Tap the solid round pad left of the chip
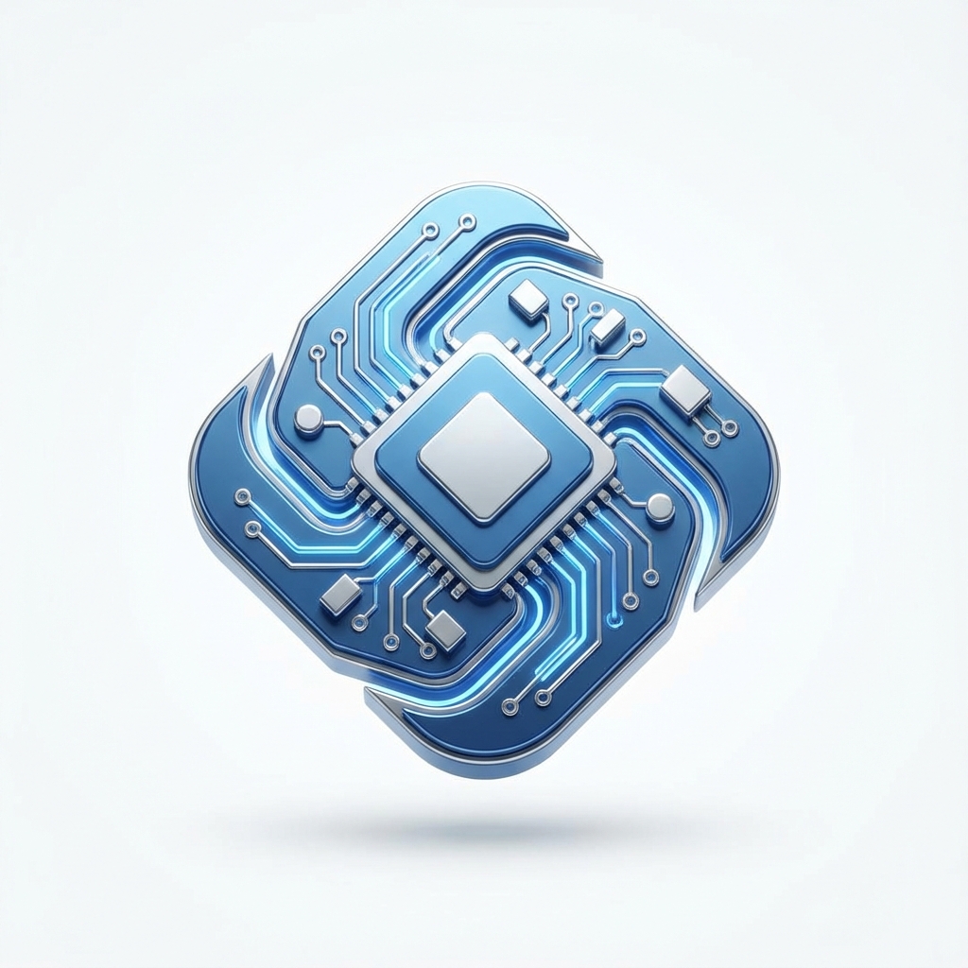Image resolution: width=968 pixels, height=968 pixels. pos(308,419)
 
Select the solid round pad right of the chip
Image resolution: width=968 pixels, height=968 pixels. pos(661,509)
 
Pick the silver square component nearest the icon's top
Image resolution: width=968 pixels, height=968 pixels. pos(527,300)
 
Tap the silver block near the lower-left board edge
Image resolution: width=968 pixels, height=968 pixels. pos(340,593)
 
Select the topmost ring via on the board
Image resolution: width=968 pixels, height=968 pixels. pos(467,222)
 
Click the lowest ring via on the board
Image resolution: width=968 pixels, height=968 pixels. pos(510,705)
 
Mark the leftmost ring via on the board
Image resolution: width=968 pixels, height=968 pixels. pos(242,494)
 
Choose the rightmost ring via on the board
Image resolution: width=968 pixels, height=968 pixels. pos(730,428)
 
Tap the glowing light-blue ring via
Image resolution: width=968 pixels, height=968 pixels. pos(617,620)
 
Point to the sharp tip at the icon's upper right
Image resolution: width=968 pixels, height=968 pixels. pos(599,253)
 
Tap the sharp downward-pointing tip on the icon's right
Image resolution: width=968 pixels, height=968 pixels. pos(703,605)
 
